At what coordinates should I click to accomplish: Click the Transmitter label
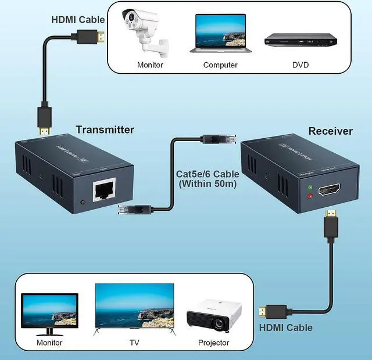tap(105, 129)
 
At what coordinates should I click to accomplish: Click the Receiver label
tap(330, 131)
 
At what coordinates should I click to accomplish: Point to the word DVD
tap(301, 64)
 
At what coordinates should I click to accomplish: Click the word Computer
tap(220, 64)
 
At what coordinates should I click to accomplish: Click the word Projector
tap(213, 343)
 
